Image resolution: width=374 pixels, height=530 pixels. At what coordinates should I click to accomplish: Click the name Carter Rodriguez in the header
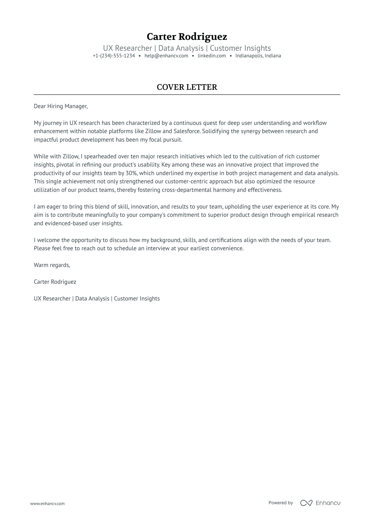pos(187,37)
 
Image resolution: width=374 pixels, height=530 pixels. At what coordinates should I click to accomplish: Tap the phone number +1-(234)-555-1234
pos(114,56)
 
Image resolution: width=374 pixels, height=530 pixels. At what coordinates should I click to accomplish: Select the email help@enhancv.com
pos(166,56)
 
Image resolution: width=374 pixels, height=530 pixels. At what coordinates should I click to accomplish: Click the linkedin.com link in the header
pos(212,56)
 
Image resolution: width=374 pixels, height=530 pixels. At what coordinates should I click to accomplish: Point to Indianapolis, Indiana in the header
pos(258,56)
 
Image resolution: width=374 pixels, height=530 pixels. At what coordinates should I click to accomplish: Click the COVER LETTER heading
pos(187,87)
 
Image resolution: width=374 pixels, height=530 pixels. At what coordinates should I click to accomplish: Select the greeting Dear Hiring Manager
pos(60,106)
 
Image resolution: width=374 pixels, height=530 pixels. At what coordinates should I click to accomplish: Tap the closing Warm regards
pos(52,265)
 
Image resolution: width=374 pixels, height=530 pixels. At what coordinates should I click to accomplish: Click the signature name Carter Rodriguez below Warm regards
pos(55,282)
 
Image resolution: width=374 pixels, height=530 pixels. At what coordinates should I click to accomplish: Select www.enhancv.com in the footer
pos(47,503)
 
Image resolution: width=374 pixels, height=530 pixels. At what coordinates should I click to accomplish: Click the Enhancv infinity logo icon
pos(306,503)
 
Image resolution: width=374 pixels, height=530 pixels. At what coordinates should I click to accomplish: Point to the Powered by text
pos(280,503)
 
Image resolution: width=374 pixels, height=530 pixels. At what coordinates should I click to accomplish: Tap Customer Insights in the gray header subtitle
pos(240,48)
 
